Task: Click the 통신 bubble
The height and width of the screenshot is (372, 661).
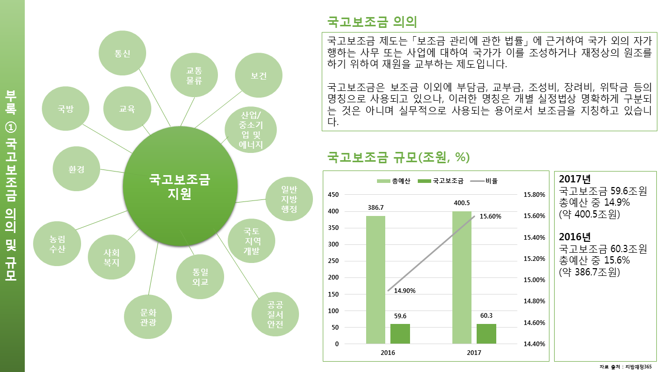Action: (122, 53)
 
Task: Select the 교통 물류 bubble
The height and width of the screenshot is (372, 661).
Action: (194, 75)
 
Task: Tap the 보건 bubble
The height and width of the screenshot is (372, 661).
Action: (259, 75)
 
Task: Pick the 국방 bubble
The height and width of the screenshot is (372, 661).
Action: (66, 109)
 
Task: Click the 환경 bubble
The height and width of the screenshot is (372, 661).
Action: (76, 169)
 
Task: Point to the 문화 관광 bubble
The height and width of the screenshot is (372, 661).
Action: (148, 317)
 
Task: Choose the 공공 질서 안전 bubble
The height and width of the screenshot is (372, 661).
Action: (275, 314)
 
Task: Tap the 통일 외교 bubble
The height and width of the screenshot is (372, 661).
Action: (200, 276)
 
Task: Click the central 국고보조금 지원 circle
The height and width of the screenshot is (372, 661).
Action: (180, 187)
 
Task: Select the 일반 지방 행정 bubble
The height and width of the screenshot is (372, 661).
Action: (289, 199)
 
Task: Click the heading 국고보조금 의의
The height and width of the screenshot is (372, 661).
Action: (372, 22)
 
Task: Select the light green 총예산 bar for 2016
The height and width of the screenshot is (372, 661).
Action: (375, 280)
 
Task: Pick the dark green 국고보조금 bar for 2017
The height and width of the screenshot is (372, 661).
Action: (486, 334)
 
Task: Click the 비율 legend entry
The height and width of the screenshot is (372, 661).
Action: (484, 181)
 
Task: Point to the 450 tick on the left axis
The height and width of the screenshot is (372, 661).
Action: (333, 195)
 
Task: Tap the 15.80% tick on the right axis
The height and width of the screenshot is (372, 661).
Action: (534, 195)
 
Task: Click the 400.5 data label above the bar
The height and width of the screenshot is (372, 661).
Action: (462, 203)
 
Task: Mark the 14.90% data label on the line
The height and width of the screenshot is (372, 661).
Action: (404, 291)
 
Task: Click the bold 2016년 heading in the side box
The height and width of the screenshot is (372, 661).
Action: (575, 237)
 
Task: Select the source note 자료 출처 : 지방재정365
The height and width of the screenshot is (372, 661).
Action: (625, 367)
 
